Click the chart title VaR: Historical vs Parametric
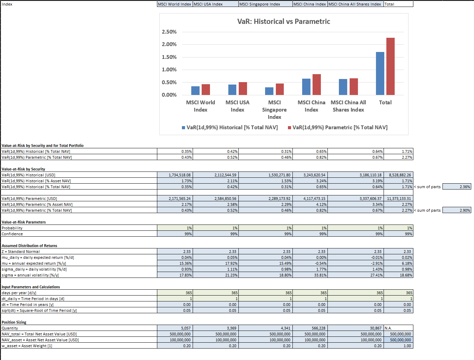(283, 21)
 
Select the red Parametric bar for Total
(390, 66)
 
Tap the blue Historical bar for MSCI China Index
(306, 87)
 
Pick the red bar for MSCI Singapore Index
(280, 89)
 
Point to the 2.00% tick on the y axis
(169, 44)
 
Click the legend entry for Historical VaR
(230, 128)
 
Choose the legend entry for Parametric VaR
(338, 128)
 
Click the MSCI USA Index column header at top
(208, 4)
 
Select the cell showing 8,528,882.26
(398, 175)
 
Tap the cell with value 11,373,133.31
(398, 199)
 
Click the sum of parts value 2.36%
(457, 187)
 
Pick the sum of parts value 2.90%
(457, 210)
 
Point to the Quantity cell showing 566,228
(310, 328)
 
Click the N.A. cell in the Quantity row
(398, 328)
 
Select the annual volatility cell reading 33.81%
(310, 275)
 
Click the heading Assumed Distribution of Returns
(29, 246)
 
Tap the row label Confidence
(12, 234)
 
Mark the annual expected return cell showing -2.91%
(355, 263)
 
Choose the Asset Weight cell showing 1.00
(398, 346)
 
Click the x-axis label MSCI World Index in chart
(200, 106)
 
